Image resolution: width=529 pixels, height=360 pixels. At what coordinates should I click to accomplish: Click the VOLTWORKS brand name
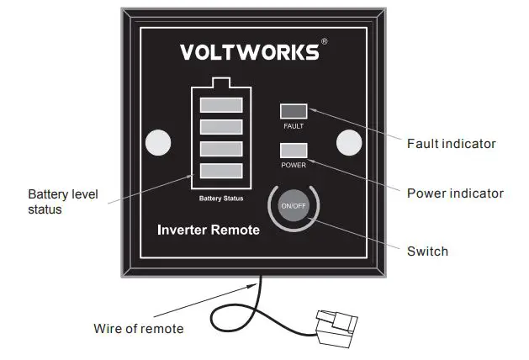[x=250, y=52]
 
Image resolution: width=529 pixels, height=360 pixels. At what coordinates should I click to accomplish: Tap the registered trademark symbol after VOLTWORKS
[x=325, y=42]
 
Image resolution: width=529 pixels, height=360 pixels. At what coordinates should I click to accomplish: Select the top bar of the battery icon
[x=221, y=105]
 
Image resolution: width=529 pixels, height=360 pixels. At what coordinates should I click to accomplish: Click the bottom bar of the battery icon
[x=221, y=171]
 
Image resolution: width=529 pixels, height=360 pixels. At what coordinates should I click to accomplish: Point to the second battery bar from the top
[x=221, y=127]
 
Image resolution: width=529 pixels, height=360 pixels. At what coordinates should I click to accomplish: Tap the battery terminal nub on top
[x=221, y=82]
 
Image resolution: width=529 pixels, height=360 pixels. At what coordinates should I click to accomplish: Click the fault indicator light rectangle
[x=294, y=111]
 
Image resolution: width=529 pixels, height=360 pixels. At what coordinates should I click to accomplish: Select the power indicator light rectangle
[x=294, y=151]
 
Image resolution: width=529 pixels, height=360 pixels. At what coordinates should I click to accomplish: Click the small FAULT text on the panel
[x=294, y=126]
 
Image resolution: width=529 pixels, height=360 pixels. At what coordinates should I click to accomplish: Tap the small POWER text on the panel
[x=294, y=165]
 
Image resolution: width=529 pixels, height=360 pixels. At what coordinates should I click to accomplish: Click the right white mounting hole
[x=349, y=143]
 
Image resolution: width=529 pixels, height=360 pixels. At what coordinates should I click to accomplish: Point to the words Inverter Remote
[x=209, y=230]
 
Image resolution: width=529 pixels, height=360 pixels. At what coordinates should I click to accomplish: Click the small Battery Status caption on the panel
[x=221, y=199]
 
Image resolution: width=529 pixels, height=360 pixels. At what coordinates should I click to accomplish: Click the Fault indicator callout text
[x=451, y=144]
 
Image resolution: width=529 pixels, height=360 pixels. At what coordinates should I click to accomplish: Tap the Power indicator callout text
[x=455, y=193]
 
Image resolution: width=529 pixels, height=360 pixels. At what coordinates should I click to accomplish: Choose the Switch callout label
[x=427, y=251]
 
